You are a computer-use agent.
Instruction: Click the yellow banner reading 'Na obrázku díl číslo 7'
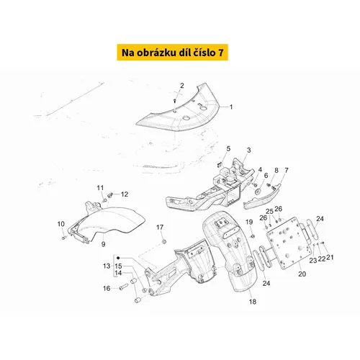point(172,52)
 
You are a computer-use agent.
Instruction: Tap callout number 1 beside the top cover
point(231,107)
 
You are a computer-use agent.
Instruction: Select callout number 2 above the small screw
point(182,86)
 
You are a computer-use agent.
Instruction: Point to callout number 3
point(249,150)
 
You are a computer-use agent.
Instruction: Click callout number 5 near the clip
point(228,148)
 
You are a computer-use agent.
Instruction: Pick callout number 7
point(287,170)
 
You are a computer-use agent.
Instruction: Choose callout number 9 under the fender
point(103,244)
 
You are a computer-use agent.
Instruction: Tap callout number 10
point(61,224)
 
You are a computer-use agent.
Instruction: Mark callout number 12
point(125,194)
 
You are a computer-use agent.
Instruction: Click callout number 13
point(107,266)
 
